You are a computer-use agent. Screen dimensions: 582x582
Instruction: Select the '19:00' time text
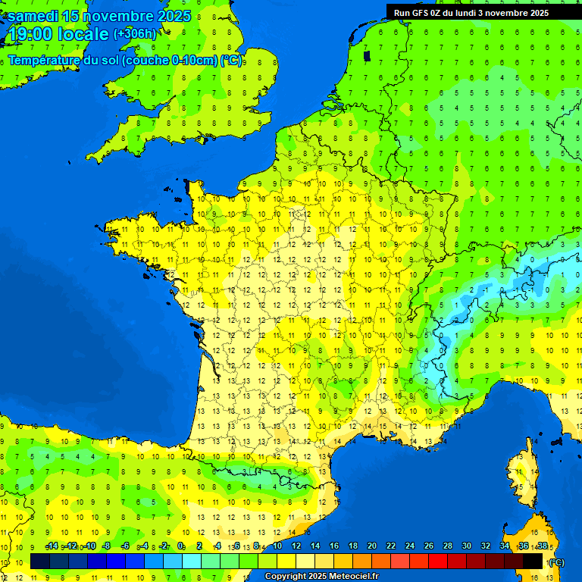coord(30,34)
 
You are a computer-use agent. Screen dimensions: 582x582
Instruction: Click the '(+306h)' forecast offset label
coord(135,34)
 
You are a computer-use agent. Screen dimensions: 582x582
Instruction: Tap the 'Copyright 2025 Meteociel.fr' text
coord(321,576)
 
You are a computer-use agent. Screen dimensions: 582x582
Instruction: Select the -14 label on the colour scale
coord(52,546)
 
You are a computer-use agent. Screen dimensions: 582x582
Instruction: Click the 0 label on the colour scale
coord(181,546)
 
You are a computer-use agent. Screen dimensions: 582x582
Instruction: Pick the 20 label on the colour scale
coord(372,546)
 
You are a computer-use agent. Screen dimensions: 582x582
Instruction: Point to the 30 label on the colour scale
coord(466,546)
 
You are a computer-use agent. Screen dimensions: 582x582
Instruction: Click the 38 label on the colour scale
coord(542,546)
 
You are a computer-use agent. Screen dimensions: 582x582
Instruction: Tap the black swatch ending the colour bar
coord(533,561)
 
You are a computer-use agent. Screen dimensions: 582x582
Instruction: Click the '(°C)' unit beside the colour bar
coord(556,562)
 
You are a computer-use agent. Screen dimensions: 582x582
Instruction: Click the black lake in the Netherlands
coord(368,55)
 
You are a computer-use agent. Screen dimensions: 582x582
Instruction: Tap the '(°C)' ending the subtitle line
coord(231,61)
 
